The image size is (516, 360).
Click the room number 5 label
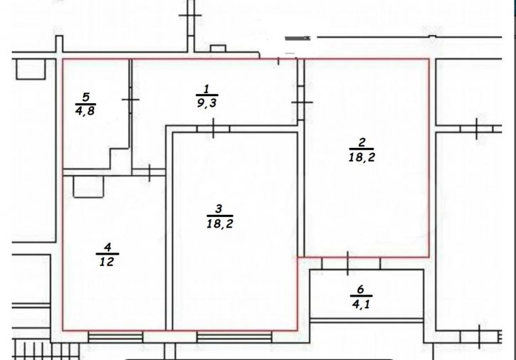point(85,97)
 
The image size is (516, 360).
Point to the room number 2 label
point(362,141)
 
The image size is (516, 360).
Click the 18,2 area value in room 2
point(362,157)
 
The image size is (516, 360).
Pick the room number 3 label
point(219,208)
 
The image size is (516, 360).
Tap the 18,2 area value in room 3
point(219,223)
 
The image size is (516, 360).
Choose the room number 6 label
point(360,290)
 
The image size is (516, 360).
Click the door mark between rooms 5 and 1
point(130,100)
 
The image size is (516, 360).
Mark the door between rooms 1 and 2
point(302,102)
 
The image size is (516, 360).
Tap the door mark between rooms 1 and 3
point(215,128)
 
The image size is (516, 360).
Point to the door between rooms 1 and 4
point(150,171)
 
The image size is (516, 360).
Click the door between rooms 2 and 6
point(347,263)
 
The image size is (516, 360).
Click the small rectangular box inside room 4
point(89,186)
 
